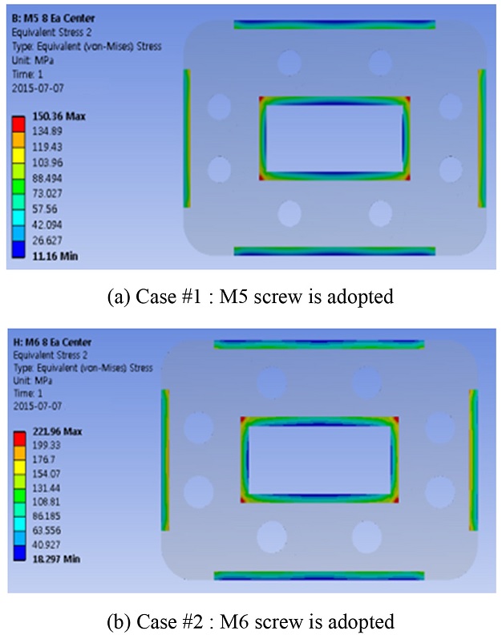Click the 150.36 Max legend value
(59, 116)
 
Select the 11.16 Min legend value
(55, 257)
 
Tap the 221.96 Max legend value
(58, 431)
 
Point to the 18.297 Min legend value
(56, 559)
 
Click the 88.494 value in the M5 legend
(47, 178)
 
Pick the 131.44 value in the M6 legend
(46, 488)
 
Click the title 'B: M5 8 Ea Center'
(53, 18)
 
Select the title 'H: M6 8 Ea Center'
(52, 342)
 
